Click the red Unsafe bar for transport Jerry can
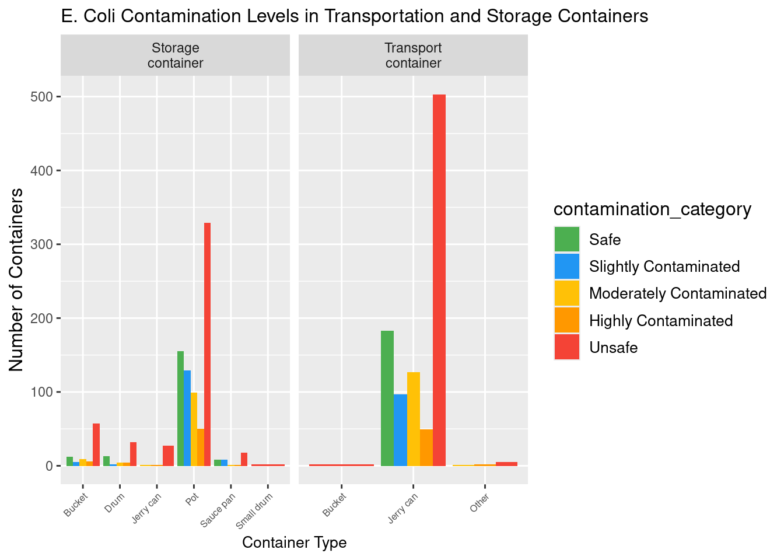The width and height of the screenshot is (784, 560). [439, 280]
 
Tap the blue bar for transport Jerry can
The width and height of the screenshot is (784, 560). [400, 430]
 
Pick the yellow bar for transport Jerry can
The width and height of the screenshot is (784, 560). [414, 419]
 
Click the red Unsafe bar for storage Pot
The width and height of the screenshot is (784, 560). [207, 344]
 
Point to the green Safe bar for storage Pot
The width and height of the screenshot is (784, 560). [181, 408]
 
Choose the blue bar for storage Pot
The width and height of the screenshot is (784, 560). [187, 418]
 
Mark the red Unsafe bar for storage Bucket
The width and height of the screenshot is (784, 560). [96, 444]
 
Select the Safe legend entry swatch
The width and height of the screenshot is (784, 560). [567, 240]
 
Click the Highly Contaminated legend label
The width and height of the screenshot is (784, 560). [661, 321]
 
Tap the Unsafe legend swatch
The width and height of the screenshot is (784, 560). [567, 348]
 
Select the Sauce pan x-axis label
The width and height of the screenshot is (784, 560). [218, 510]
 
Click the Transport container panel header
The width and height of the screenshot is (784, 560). [413, 55]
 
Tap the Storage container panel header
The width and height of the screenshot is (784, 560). [175, 55]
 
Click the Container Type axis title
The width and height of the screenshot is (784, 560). [294, 543]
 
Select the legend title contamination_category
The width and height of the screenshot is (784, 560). [652, 209]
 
